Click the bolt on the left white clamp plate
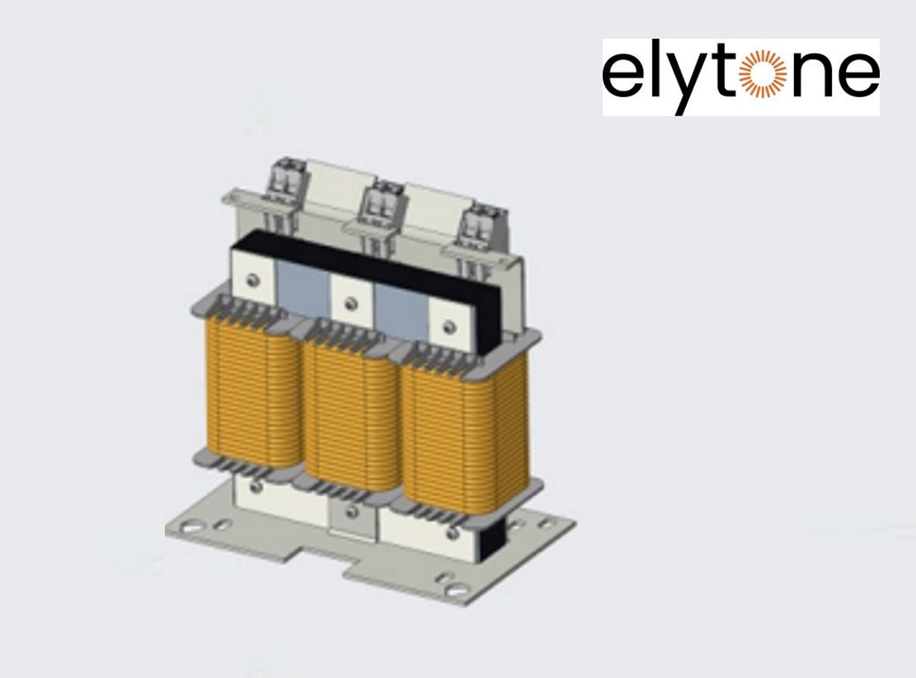click(256, 280)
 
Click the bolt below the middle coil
click(353, 513)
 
